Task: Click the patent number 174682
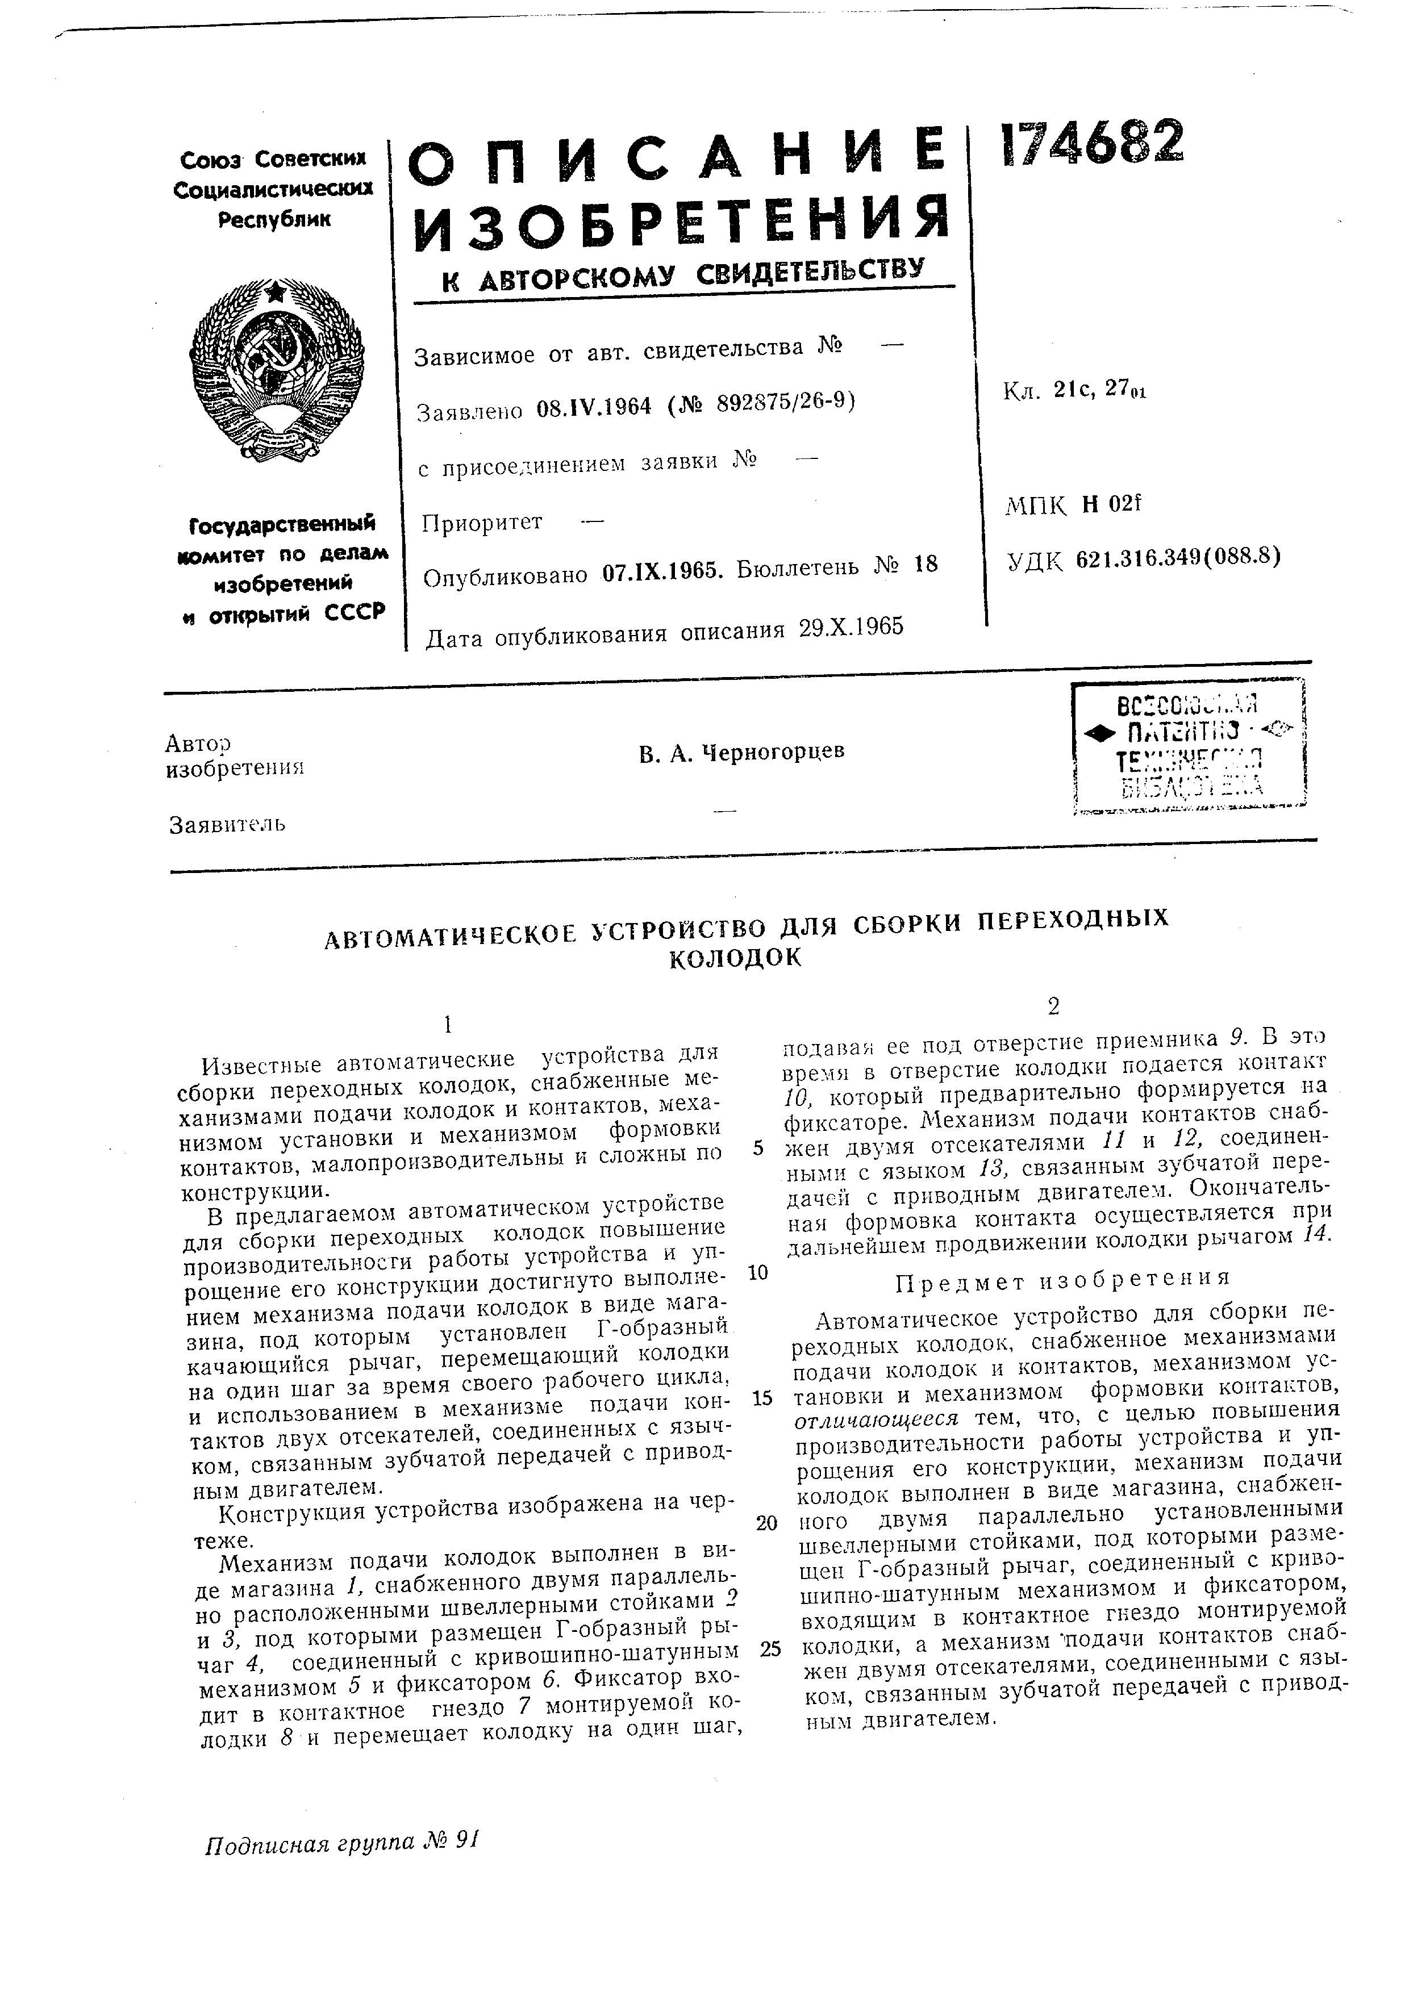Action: pyautogui.click(x=1091, y=143)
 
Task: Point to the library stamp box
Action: pyautogui.click(x=1189, y=747)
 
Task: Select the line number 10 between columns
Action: pyautogui.click(x=757, y=1273)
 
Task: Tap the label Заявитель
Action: pyautogui.click(x=227, y=824)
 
